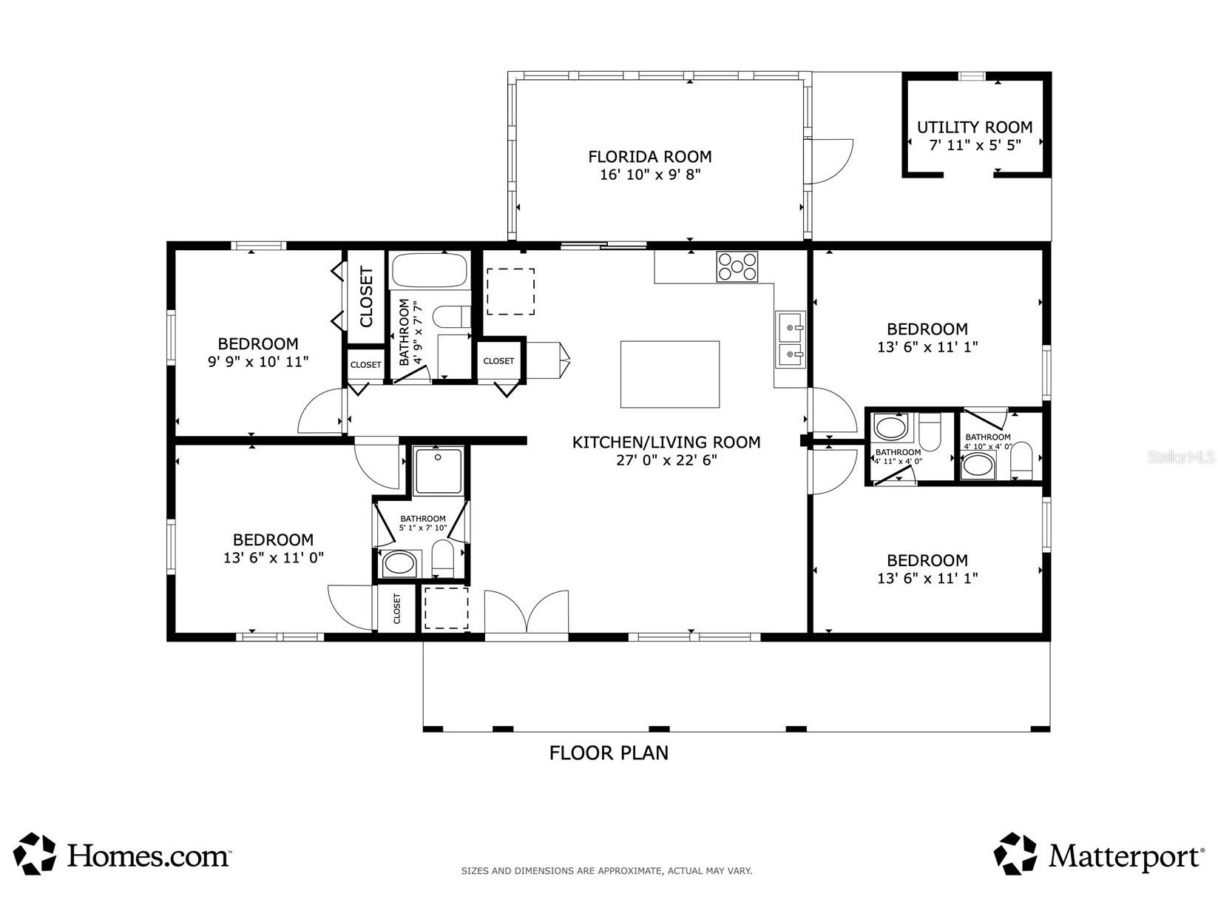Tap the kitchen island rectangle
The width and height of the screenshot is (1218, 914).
tap(670, 374)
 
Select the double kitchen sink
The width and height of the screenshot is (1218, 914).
tap(790, 340)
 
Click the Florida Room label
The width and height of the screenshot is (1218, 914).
tap(649, 157)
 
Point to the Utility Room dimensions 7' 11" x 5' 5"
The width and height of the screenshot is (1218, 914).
tap(975, 145)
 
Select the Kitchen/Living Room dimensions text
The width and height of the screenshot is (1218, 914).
tap(666, 460)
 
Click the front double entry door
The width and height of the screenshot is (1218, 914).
tap(527, 613)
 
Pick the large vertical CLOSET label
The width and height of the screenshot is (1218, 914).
tap(366, 297)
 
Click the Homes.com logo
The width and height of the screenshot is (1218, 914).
tap(123, 855)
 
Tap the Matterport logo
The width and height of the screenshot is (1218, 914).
tap(1097, 855)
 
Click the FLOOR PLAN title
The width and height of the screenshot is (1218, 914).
tap(609, 753)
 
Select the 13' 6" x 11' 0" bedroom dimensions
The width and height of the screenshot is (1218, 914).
tap(274, 558)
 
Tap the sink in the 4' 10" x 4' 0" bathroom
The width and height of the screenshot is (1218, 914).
tap(979, 466)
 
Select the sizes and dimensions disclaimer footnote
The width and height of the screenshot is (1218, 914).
tap(606, 871)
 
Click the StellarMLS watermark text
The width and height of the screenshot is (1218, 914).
tap(1181, 457)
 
